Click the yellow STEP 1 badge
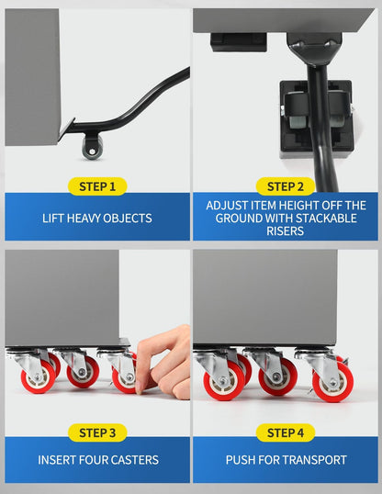point(97,186)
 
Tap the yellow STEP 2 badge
point(286,186)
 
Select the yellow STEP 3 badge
point(97,432)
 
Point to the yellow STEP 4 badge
point(286,432)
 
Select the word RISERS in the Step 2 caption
point(286,231)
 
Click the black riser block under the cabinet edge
point(239,42)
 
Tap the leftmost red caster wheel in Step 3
point(39,376)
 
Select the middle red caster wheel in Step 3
point(83,372)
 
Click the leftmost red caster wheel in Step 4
point(224,380)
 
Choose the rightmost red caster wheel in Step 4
point(332,382)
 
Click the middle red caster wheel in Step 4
point(277,376)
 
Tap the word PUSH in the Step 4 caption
point(241,460)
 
